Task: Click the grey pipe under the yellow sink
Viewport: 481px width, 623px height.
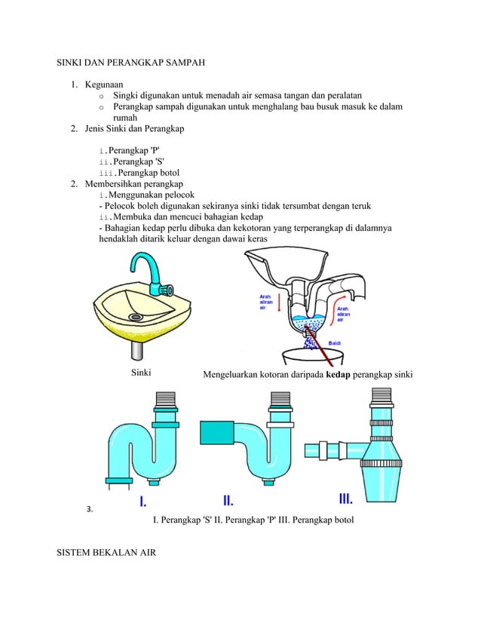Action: [x=137, y=351]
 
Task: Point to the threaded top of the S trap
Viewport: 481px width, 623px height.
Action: [x=164, y=400]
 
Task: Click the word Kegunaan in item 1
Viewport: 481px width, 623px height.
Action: [x=105, y=84]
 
